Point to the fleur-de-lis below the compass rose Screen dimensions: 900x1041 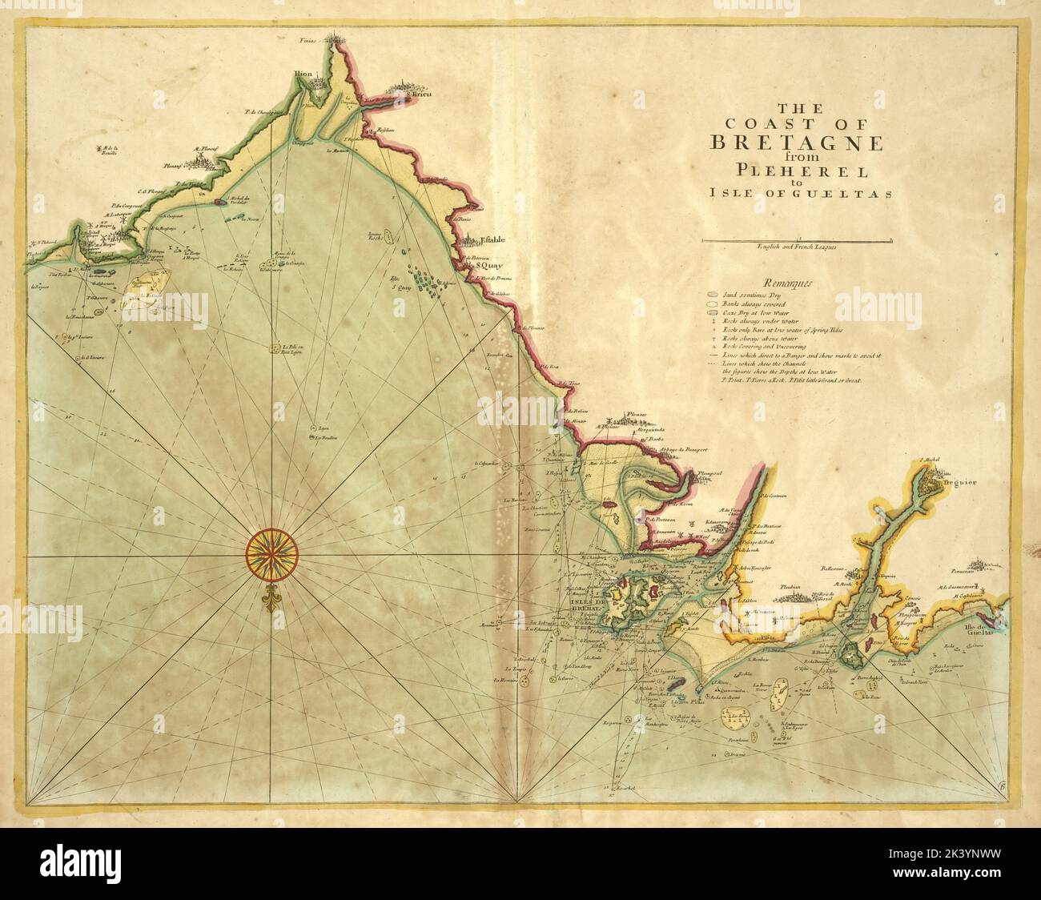click(x=272, y=599)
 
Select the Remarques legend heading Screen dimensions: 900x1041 click(x=789, y=282)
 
